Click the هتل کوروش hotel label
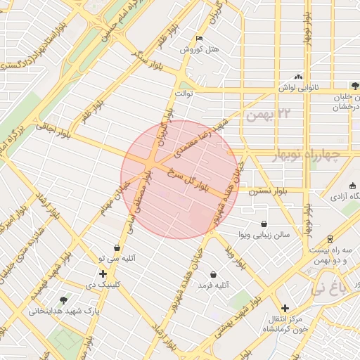coord(200,50)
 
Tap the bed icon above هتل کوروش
coord(200,38)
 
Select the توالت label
coord(184,94)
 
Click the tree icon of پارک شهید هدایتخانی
coord(65,300)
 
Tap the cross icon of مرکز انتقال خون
coord(284,308)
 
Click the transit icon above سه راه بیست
coord(330,239)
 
